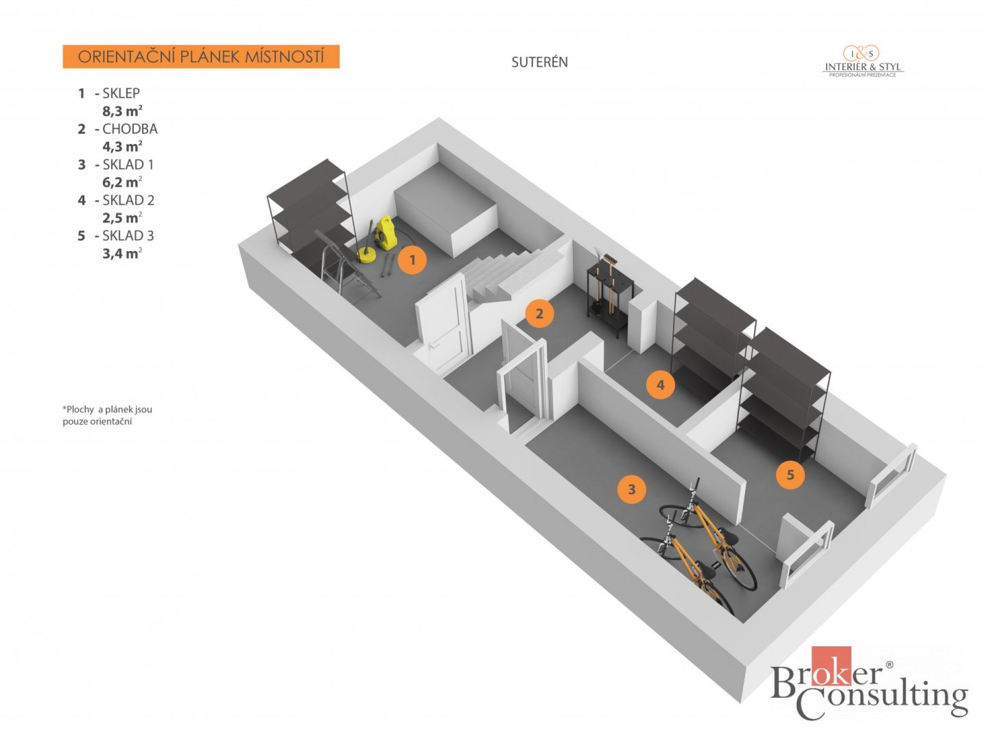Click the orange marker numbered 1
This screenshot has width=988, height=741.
click(412, 260)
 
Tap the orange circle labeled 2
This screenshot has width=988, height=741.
click(539, 313)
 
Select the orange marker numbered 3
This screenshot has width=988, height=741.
click(632, 489)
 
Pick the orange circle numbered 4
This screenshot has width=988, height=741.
click(661, 384)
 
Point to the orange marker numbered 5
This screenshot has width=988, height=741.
click(790, 474)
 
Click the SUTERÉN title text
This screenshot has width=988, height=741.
click(539, 62)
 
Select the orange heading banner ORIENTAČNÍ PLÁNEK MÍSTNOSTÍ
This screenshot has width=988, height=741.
click(201, 57)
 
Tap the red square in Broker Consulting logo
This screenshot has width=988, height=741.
click(831, 666)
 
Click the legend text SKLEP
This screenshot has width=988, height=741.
click(121, 93)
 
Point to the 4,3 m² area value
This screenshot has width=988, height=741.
click(122, 146)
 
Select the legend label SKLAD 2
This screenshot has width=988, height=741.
click(129, 200)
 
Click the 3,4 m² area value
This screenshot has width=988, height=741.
click(122, 253)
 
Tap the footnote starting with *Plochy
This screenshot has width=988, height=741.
click(108, 415)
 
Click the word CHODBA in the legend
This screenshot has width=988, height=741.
click(130, 129)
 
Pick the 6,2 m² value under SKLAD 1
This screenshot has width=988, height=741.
click(122, 182)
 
